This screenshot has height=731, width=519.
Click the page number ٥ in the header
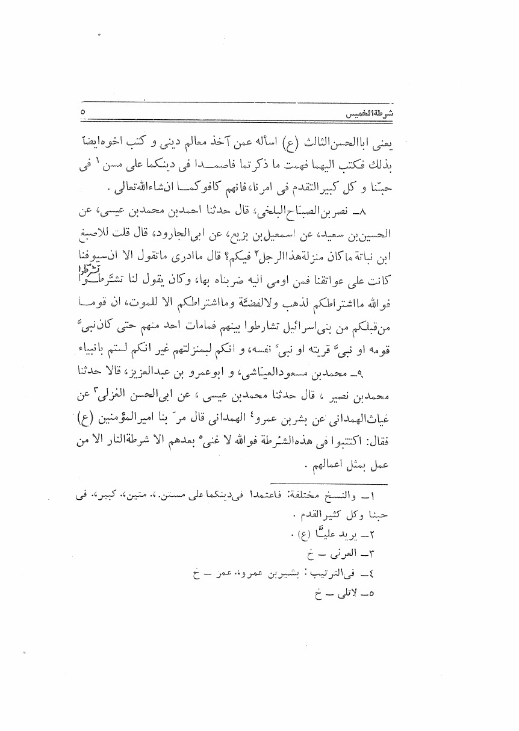coord(83,112)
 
